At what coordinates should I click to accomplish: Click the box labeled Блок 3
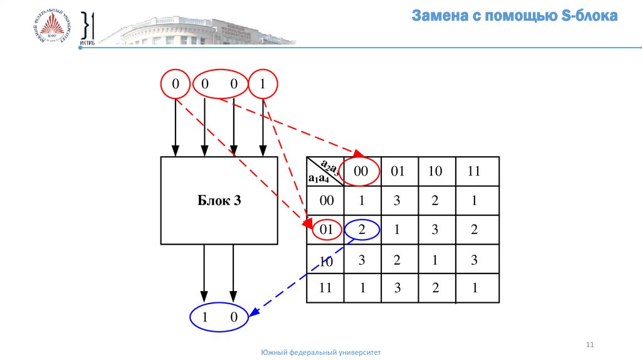[219, 201]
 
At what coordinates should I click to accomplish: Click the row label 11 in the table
[325, 289]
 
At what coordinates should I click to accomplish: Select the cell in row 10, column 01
[397, 260]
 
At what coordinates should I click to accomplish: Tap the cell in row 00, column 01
[397, 201]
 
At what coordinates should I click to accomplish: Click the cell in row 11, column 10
[435, 289]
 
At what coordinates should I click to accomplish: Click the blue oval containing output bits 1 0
[219, 318]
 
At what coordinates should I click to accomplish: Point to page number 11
[589, 345]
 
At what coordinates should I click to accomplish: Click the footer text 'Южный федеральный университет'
[321, 353]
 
